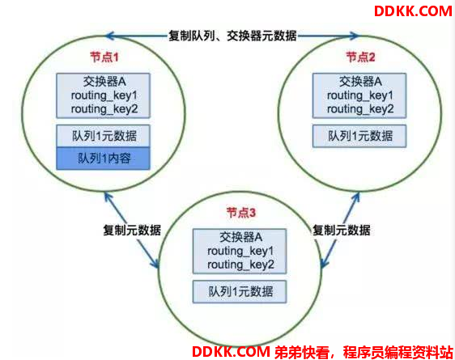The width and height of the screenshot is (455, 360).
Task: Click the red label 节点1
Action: pos(104,57)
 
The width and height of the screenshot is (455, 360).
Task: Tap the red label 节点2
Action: pos(361,57)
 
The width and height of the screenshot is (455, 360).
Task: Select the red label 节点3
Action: pos(241,213)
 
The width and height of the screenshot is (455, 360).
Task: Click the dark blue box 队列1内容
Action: pos(104,159)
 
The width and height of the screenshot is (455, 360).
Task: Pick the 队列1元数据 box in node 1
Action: pos(104,136)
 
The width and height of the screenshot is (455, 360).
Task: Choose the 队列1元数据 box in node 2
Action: pos(359,136)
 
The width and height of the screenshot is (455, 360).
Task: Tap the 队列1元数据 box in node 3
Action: pos(240,291)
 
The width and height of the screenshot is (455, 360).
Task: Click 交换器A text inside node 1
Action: pos(104,82)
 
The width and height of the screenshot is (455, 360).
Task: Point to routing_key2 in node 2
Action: pos(360,109)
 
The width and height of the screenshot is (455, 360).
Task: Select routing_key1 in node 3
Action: pos(240,251)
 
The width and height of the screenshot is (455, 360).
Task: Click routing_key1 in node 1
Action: pos(104,95)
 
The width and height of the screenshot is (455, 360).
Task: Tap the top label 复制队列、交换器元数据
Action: pos(232,36)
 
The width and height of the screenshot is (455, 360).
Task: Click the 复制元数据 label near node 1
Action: pos(132,231)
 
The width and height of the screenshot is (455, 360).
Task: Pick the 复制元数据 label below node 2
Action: pos(342,231)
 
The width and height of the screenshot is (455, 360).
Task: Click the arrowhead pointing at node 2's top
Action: pos(355,36)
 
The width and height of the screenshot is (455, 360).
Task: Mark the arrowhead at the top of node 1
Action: pos(110,36)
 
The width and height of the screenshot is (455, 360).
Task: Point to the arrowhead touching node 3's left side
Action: pos(155,262)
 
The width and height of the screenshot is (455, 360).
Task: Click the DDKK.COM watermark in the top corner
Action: pos(413,11)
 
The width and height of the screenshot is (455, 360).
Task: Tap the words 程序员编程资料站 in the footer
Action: pos(398,352)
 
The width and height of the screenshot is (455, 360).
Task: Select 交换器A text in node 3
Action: pos(240,237)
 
